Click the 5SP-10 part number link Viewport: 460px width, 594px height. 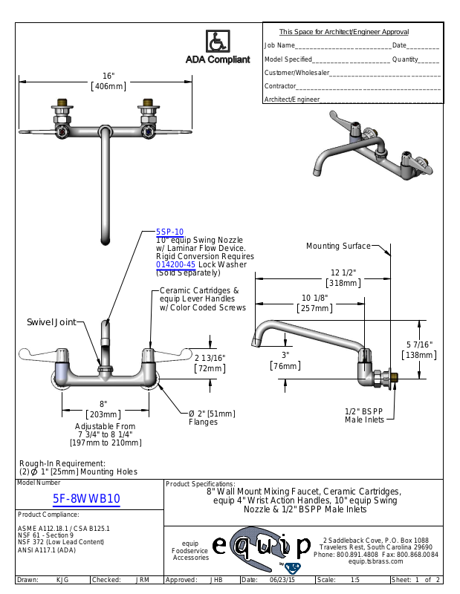coord(169,232)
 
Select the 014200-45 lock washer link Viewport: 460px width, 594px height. coord(175,264)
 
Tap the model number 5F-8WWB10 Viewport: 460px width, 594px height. coord(87,500)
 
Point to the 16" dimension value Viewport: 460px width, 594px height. coord(108,76)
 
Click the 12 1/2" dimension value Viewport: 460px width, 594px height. coord(343,272)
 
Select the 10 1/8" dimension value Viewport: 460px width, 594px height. coord(315,298)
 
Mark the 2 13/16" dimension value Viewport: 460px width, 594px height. coord(210,358)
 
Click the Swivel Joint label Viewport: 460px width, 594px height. coord(51,322)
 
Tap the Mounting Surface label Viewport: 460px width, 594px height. coord(338,247)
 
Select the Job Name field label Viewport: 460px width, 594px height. coord(280,46)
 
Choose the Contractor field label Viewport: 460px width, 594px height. coord(280,86)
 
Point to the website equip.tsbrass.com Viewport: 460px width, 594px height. coord(375,562)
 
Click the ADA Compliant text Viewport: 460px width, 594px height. coord(218,60)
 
